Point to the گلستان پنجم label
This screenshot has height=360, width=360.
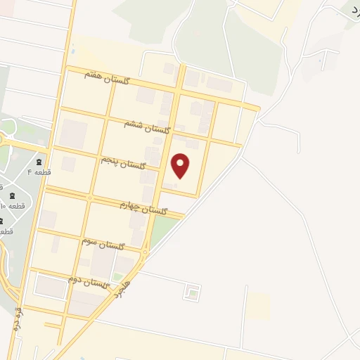(x=122, y=163)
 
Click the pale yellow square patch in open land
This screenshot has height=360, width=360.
(x=259, y=304)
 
